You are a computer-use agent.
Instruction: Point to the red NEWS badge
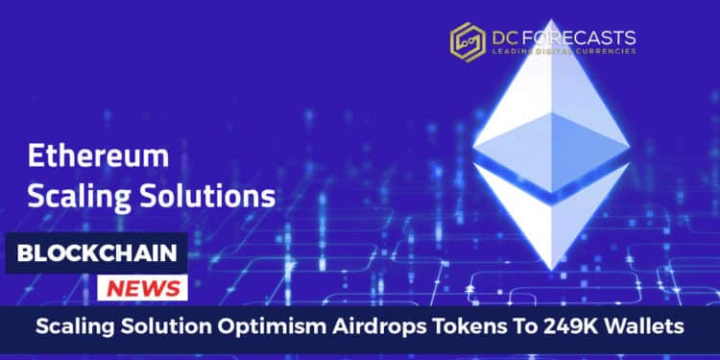point(141,287)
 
